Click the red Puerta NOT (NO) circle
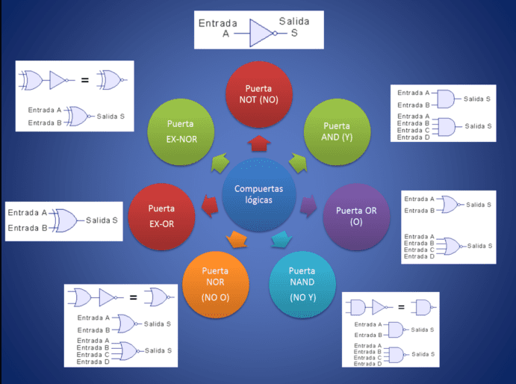point(260,95)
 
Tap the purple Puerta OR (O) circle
point(356,217)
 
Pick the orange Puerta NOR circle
point(215,285)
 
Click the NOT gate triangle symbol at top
point(263,34)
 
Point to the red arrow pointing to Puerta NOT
point(259,142)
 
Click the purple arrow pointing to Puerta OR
point(308,204)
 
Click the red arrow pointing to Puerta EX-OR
point(210,202)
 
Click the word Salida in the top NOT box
point(293,22)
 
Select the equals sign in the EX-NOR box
point(84,80)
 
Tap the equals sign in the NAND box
point(400,306)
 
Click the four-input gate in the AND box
point(446,127)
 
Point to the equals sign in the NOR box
point(133,298)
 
